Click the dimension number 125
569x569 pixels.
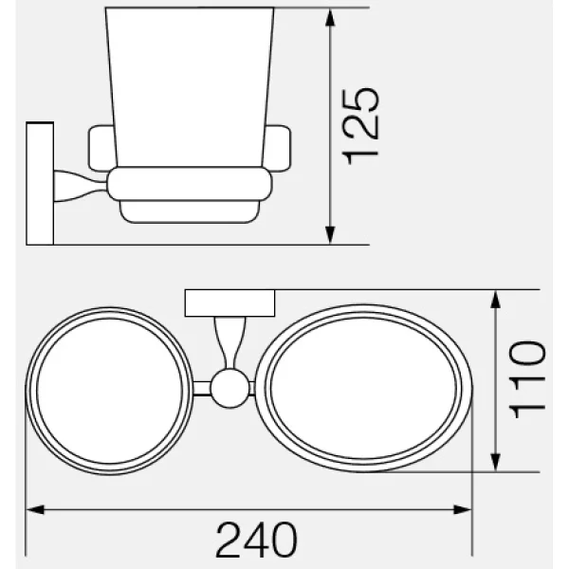point(362,125)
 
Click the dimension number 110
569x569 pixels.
point(528,379)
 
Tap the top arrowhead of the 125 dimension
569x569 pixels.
point(329,17)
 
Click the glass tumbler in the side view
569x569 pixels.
point(189,85)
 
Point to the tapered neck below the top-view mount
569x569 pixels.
point(229,341)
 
